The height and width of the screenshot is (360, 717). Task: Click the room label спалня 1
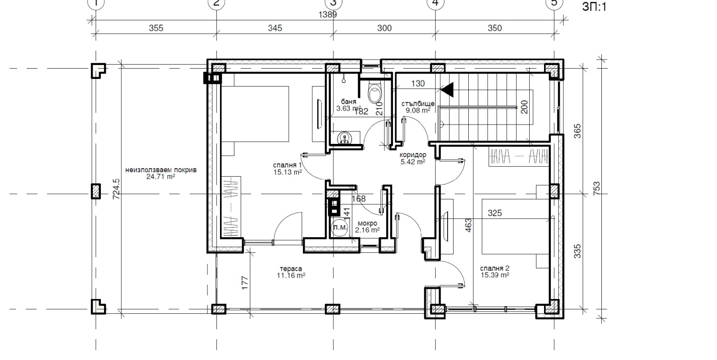(x=287, y=165)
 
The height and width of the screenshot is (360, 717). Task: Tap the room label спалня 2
(x=495, y=269)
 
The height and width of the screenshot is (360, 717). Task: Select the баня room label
(x=349, y=102)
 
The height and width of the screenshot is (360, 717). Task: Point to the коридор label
(x=413, y=155)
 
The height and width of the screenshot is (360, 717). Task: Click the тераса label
(x=291, y=269)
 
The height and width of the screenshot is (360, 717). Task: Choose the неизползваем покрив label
(x=161, y=170)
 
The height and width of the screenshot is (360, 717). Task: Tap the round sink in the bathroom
(x=344, y=138)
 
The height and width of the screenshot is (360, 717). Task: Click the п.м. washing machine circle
(x=340, y=227)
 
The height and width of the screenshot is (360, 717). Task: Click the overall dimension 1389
(x=328, y=15)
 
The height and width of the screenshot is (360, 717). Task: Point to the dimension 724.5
(x=117, y=189)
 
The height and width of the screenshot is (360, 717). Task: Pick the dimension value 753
(x=596, y=188)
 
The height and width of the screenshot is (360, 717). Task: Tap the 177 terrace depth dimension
(x=245, y=283)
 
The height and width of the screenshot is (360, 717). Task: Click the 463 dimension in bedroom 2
(x=468, y=225)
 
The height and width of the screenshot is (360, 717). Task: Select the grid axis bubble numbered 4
(x=435, y=3)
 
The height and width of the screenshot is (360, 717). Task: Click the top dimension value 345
(x=275, y=28)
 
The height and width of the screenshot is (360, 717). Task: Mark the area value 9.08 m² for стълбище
(x=418, y=110)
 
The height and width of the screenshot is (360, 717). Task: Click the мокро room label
(x=367, y=223)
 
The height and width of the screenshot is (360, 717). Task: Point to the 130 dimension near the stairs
(x=418, y=83)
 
